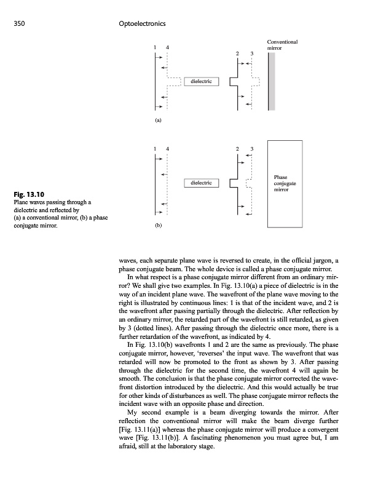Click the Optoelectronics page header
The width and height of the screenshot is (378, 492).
tap(142, 23)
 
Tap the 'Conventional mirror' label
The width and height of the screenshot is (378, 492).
tap(283, 44)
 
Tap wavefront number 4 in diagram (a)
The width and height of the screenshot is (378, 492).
tap(168, 48)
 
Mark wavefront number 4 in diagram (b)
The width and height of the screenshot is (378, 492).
tap(168, 149)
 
